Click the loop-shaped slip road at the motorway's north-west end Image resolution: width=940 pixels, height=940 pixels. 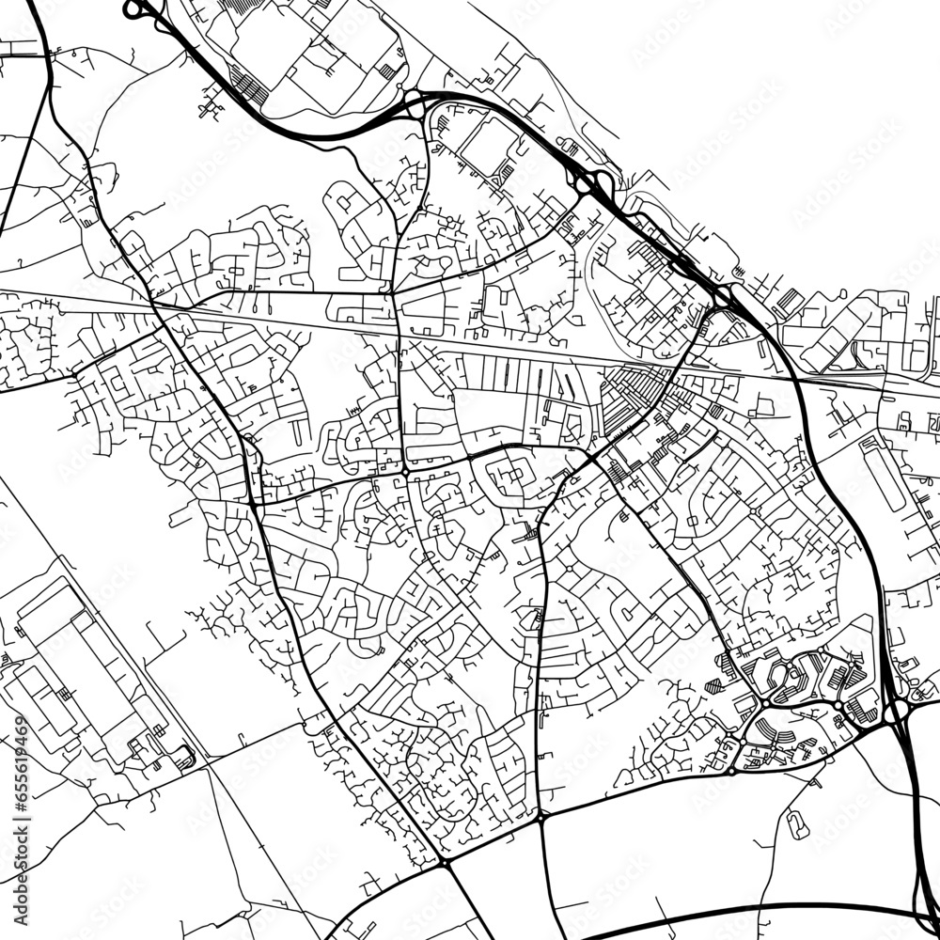[133, 10]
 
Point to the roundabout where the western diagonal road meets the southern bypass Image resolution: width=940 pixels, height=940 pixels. [445, 861]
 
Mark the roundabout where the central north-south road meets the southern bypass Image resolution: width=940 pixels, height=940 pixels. [543, 819]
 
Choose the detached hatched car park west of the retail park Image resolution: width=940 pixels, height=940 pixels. [713, 686]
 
